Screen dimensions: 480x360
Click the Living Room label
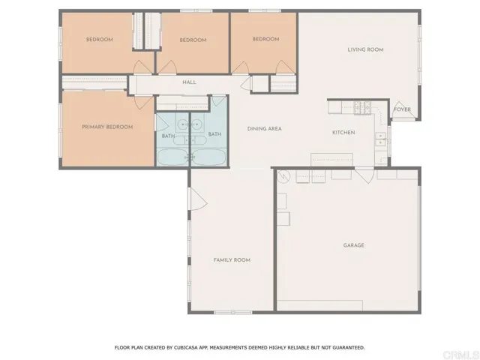(x=365, y=49)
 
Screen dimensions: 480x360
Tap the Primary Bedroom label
(x=107, y=127)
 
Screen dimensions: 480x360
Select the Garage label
(x=353, y=245)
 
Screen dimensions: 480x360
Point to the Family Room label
(x=232, y=260)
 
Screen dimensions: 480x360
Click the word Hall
(x=189, y=82)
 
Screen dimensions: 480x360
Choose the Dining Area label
(x=264, y=129)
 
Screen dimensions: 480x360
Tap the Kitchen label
(x=343, y=133)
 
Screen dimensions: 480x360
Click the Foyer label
(x=402, y=109)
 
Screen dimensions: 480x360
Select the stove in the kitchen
(x=362, y=108)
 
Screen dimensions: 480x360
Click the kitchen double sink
(x=380, y=139)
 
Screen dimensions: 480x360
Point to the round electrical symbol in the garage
(x=283, y=177)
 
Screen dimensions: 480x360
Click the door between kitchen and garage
(x=364, y=175)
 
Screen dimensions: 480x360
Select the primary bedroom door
(x=144, y=102)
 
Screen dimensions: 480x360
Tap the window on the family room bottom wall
(x=232, y=313)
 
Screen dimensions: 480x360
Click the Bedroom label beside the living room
(x=265, y=39)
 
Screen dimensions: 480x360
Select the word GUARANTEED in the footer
(x=347, y=348)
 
